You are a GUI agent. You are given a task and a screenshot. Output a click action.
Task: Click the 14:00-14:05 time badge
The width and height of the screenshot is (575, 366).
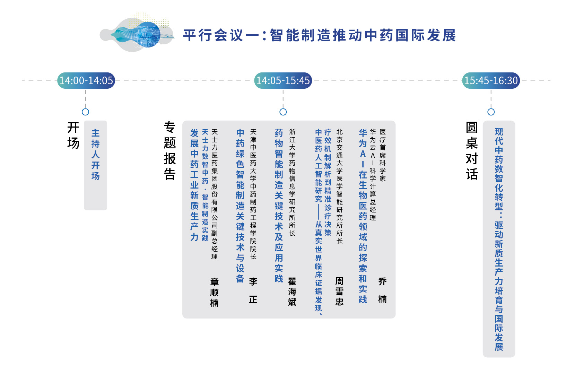click(86, 81)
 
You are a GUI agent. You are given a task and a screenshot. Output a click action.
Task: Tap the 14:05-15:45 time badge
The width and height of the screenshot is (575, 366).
click(283, 81)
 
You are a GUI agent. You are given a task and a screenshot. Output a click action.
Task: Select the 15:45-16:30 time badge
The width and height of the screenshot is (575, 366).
click(491, 81)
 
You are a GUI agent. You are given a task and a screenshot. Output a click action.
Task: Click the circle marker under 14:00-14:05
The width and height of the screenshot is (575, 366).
click(86, 112)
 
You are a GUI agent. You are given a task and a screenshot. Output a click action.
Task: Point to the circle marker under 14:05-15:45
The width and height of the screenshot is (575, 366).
click(283, 112)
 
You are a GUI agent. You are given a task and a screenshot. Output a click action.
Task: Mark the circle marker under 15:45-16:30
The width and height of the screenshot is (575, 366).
click(491, 112)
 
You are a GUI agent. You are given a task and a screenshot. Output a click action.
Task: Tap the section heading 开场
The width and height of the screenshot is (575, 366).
click(73, 135)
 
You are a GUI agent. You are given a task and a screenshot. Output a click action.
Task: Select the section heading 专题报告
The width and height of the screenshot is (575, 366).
click(170, 151)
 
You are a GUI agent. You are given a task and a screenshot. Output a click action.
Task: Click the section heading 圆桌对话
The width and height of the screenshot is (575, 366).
click(472, 151)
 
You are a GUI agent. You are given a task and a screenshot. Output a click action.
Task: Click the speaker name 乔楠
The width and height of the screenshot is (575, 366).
click(382, 290)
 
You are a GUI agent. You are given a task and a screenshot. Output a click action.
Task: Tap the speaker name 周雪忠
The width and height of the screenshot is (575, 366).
click(339, 291)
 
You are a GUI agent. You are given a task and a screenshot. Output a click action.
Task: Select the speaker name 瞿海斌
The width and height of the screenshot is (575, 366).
click(292, 292)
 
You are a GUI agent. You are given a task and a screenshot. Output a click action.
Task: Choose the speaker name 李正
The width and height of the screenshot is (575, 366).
click(253, 290)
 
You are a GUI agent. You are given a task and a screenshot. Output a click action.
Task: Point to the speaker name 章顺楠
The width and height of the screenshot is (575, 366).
click(214, 292)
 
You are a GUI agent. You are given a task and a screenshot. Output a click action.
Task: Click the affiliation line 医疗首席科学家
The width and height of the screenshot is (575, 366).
click(383, 155)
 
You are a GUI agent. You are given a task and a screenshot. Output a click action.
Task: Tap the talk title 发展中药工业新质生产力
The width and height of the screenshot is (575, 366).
click(194, 185)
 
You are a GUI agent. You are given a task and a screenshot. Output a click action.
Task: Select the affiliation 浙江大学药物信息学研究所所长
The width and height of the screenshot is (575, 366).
click(292, 182)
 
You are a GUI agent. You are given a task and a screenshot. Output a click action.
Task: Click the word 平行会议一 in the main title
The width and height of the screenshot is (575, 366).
click(221, 35)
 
